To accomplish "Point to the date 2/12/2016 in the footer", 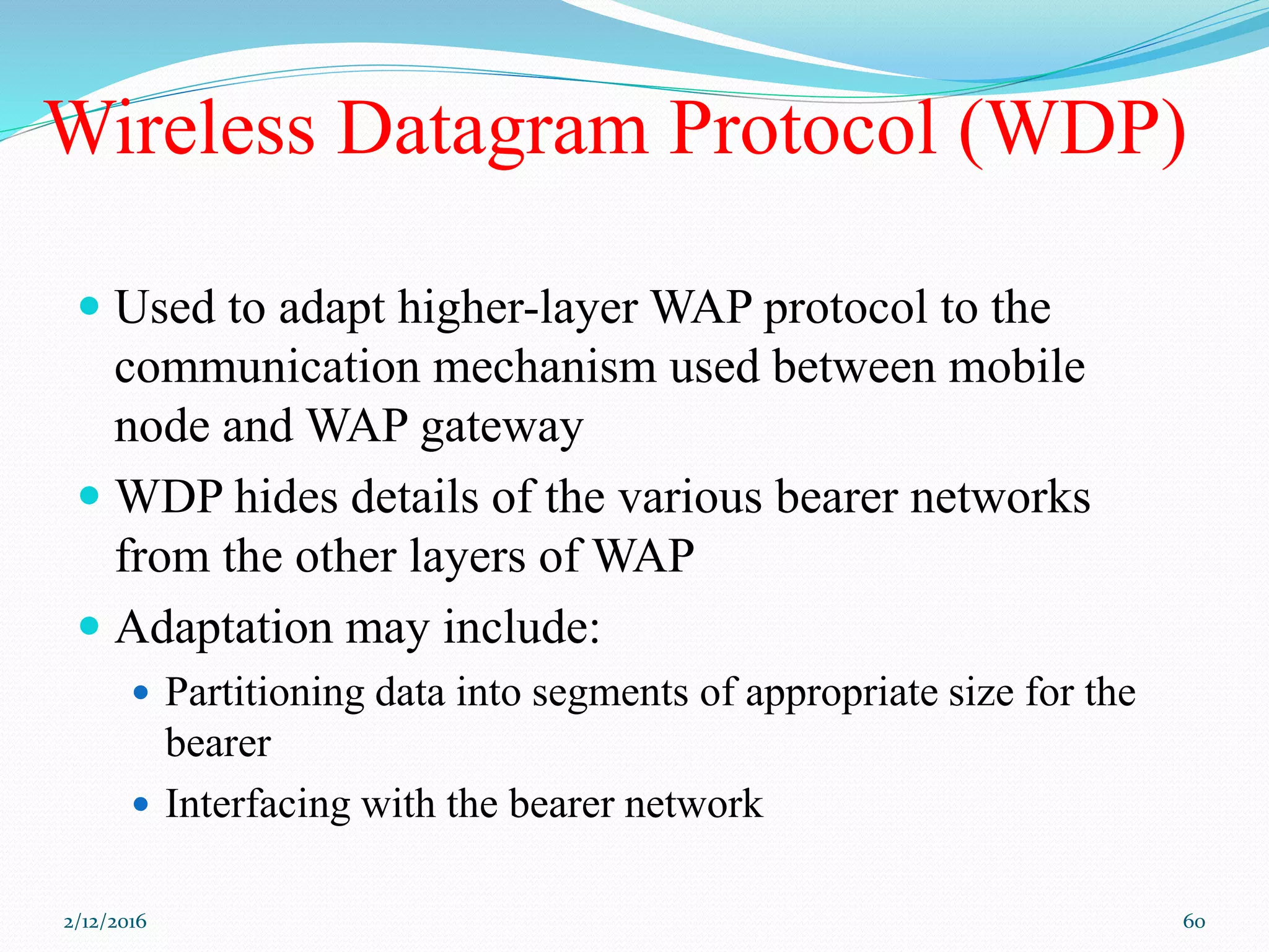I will click(x=105, y=922).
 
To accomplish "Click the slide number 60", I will click(x=1193, y=922).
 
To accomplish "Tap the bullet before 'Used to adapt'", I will click(x=90, y=306).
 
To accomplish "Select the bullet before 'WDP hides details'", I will click(x=90, y=495).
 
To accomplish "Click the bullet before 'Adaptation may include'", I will click(x=90, y=626).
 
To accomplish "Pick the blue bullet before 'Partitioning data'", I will click(x=141, y=692).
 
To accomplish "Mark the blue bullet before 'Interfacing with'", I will click(x=141, y=804).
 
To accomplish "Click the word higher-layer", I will click(x=517, y=308).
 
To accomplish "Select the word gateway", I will click(x=502, y=428).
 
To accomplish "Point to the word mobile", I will click(x=1016, y=367).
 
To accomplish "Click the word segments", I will click(x=610, y=693).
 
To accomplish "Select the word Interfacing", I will click(x=257, y=804).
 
